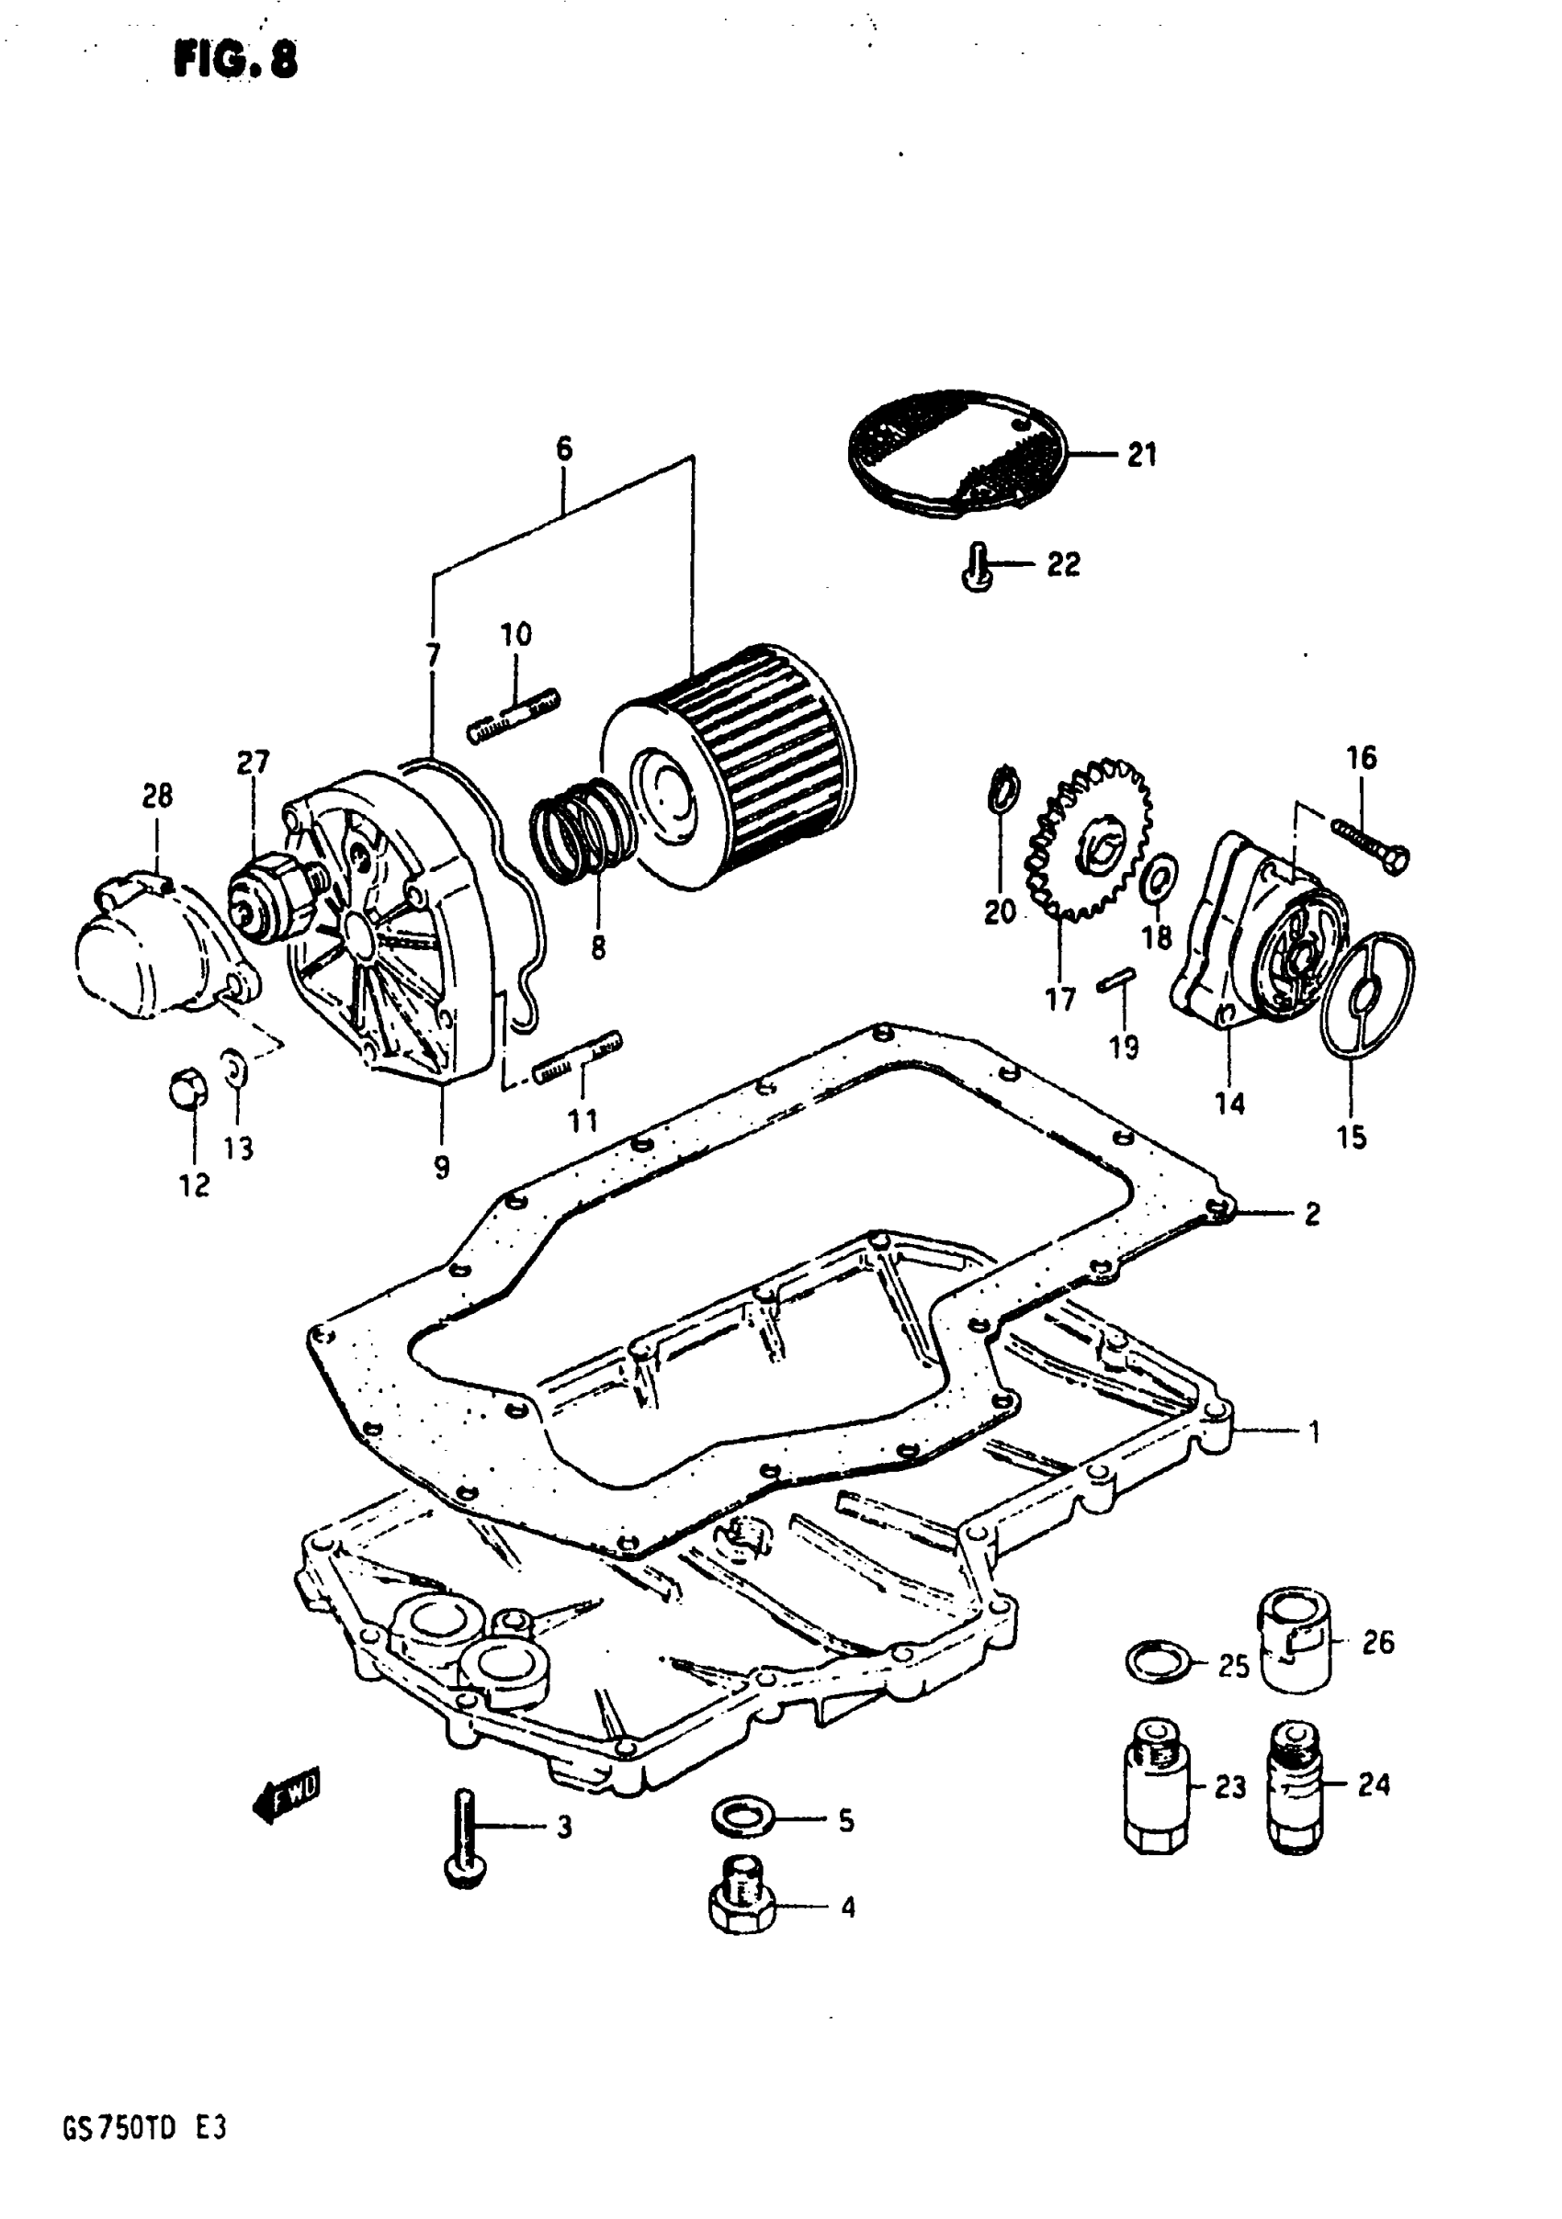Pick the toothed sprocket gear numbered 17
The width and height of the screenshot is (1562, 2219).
1091,838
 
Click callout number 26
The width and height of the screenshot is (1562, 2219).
1377,1642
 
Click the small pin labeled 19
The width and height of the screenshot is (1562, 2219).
1116,980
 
